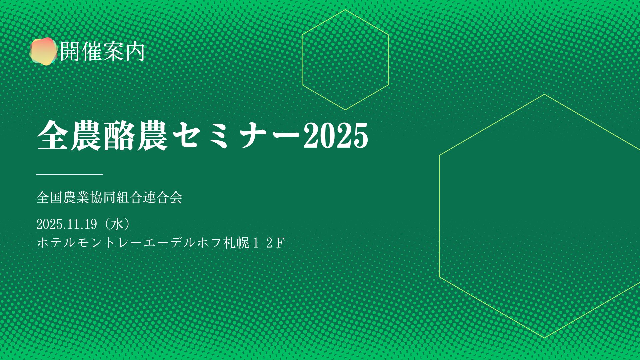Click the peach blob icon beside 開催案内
(x=43, y=51)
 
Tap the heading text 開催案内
(x=102, y=51)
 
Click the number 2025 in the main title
(x=336, y=135)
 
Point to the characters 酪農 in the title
(x=136, y=135)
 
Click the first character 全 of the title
(x=53, y=135)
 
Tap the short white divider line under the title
(x=69, y=174)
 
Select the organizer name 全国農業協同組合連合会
(x=109, y=197)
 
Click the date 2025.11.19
(x=67, y=224)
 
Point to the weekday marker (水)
(x=117, y=224)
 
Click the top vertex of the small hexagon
(x=345, y=10)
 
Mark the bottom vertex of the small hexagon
(x=345, y=110)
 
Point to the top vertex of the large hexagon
(x=545, y=94)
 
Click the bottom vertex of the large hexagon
(x=545, y=338)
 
